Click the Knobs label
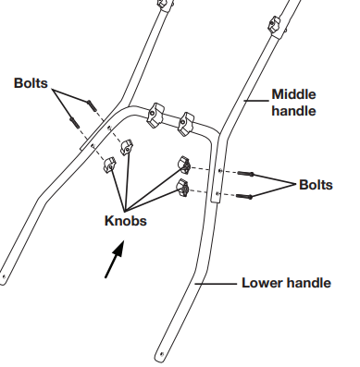coord(126,221)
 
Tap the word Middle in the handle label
coord(293,94)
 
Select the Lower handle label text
coord(286,283)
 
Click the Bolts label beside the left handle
coord(31,83)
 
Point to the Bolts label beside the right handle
coord(316,185)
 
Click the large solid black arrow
coord(115,259)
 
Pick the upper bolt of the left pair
coord(92,105)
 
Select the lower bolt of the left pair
coord(75,123)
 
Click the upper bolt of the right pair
coord(245,174)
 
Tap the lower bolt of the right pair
coord(244,196)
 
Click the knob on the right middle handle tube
coord(275,25)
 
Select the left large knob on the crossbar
coord(155,116)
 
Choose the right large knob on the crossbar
coord(186,124)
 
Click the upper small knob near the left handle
coord(127,148)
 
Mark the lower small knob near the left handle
coord(110,165)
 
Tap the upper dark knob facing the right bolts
coord(184,165)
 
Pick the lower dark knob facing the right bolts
coord(182,187)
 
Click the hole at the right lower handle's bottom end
coord(162,354)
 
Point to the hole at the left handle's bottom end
coord(4,276)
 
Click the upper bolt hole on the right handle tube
coord(219,170)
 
